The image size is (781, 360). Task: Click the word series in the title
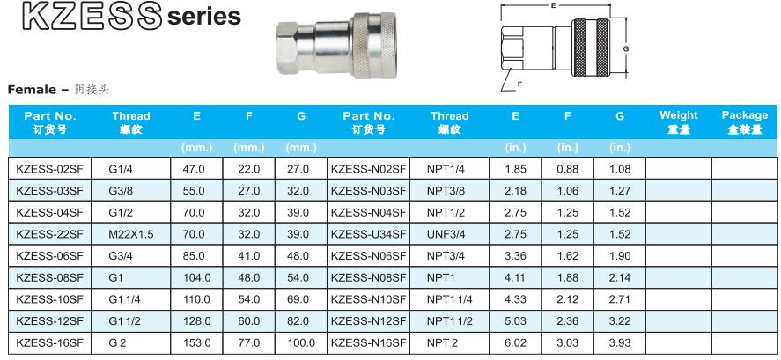(x=204, y=17)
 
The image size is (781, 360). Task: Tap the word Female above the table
(x=32, y=90)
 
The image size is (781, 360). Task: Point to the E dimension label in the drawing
(x=553, y=5)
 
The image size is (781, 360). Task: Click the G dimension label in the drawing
(x=626, y=48)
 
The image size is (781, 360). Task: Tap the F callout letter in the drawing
(x=519, y=84)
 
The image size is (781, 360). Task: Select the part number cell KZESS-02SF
(x=50, y=169)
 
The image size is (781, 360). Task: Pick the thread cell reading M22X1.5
(x=130, y=234)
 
